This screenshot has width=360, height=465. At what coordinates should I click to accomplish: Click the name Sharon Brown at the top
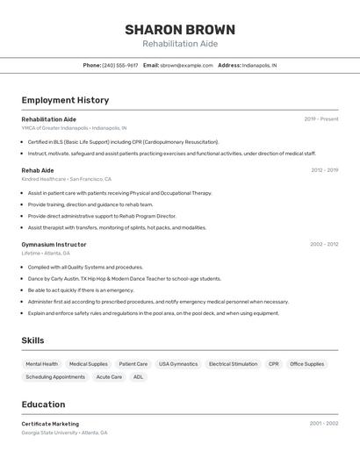[180, 30]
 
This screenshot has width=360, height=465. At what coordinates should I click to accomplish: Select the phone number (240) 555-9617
[120, 65]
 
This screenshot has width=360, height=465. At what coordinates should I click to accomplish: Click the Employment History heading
[65, 100]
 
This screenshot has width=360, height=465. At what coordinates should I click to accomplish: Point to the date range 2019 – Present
[321, 118]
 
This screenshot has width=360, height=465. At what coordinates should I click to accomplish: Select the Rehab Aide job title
[38, 170]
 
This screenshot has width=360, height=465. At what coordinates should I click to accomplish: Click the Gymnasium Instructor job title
[54, 244]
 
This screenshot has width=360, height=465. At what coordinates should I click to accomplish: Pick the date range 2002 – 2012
[324, 244]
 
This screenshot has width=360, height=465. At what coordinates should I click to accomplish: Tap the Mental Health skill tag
[42, 363]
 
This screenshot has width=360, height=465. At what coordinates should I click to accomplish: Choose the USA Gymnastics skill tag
[178, 363]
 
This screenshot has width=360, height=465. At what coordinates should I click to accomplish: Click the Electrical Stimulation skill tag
[234, 363]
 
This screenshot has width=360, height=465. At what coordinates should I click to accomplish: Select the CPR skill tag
[274, 363]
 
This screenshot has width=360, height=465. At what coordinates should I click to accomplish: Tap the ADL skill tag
[138, 376]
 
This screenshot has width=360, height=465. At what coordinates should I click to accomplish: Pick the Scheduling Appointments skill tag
[55, 376]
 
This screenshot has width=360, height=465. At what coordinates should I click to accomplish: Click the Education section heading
[43, 404]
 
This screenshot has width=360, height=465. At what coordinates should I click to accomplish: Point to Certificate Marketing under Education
[50, 424]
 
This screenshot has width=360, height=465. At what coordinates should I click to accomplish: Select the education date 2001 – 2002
[324, 423]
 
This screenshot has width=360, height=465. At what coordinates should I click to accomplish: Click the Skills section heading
[33, 340]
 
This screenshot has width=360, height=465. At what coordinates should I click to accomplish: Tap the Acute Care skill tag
[109, 376]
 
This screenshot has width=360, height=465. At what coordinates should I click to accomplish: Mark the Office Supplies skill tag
[307, 363]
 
